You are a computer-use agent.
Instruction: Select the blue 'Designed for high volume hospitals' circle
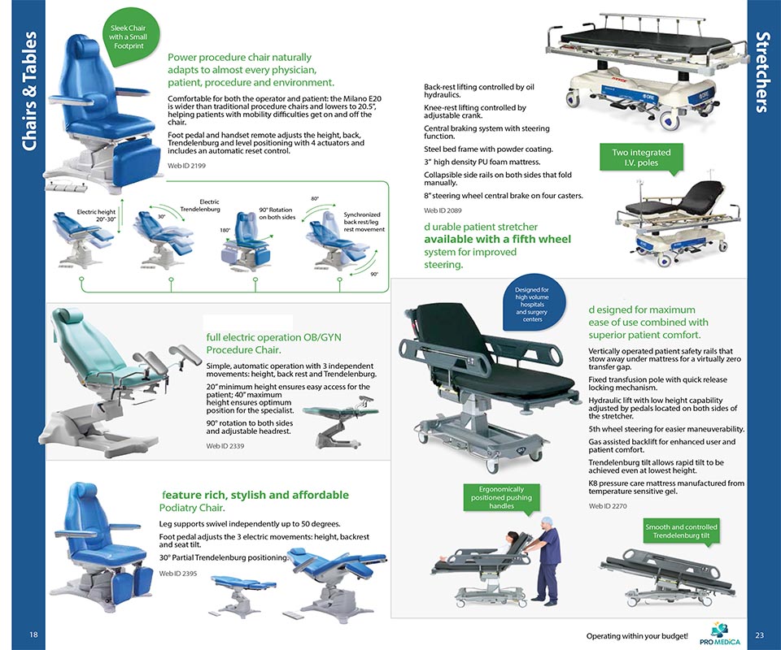pyautogui.click(x=532, y=304)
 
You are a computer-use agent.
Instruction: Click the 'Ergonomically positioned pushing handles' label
pyautogui.click(x=501, y=497)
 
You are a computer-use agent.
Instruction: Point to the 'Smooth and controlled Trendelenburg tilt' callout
pyautogui.click(x=682, y=532)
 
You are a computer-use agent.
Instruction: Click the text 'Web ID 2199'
pyautogui.click(x=186, y=165)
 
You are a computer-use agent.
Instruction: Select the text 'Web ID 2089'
pyautogui.click(x=443, y=210)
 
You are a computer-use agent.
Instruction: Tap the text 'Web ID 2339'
pyautogui.click(x=225, y=446)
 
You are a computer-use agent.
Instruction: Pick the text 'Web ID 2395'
pyautogui.click(x=178, y=574)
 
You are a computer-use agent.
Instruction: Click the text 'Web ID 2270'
pyautogui.click(x=608, y=506)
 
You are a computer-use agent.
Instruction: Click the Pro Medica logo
pyautogui.click(x=720, y=632)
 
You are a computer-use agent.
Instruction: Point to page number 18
pyautogui.click(x=33, y=635)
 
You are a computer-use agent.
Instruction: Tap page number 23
pyautogui.click(x=759, y=635)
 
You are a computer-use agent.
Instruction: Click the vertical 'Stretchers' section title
pyautogui.click(x=763, y=73)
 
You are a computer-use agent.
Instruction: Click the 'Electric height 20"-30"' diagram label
pyautogui.click(x=95, y=215)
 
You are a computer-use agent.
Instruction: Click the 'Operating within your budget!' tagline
pyautogui.click(x=637, y=635)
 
